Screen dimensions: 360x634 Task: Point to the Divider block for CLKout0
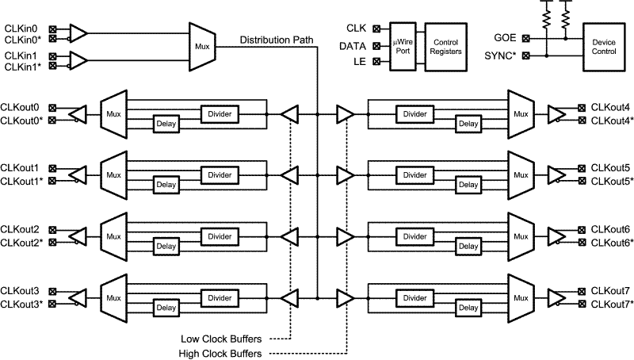coord(219,113)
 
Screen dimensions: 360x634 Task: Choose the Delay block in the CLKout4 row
coord(468,123)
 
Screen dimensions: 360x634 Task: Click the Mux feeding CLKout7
coord(520,297)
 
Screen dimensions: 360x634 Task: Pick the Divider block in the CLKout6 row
coord(414,236)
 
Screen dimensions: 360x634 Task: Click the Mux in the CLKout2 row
coord(114,236)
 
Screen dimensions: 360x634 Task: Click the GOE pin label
coord(505,36)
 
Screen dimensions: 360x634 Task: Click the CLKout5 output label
coord(610,168)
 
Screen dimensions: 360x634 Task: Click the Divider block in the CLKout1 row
coord(219,174)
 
